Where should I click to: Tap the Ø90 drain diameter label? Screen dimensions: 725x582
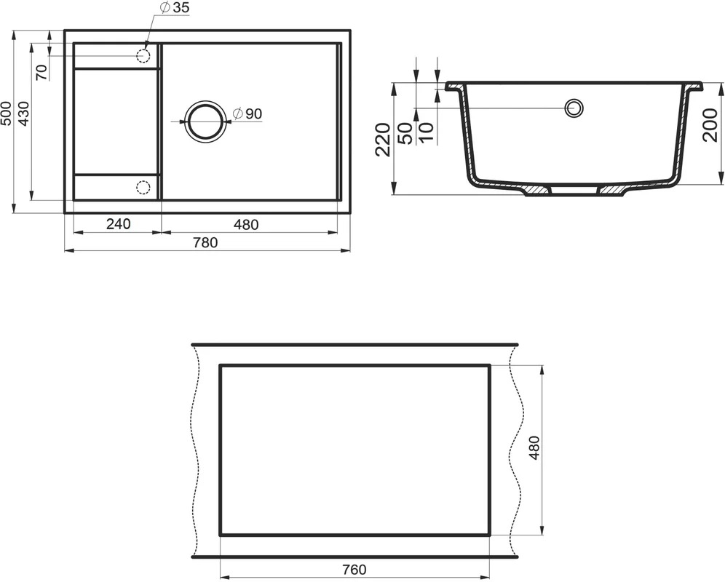[x=247, y=113]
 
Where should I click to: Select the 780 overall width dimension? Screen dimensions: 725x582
[x=205, y=242]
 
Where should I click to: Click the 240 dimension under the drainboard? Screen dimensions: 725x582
[x=119, y=224]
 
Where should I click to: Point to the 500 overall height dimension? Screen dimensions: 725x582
[x=7, y=113]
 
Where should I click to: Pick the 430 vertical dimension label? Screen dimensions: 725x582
[x=23, y=113]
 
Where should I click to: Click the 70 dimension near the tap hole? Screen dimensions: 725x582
[x=41, y=73]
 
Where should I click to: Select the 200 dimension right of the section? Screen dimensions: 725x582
[x=710, y=125]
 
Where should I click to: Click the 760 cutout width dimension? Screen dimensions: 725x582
[x=354, y=570]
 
